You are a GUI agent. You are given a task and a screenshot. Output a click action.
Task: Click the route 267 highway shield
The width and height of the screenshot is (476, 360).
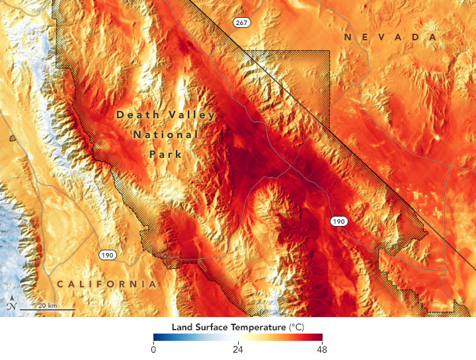pyautogui.click(x=241, y=23)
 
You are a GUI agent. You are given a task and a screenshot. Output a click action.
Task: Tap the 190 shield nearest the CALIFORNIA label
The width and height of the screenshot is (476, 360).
pyautogui.click(x=106, y=254)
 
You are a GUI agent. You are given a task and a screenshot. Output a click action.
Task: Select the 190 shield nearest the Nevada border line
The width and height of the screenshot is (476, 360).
pyautogui.click(x=338, y=222)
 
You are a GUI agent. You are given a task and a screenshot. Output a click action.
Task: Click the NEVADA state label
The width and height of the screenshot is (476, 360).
pyautogui.click(x=391, y=38)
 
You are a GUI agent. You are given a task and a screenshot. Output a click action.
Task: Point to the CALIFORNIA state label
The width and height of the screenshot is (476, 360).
pyautogui.click(x=106, y=284)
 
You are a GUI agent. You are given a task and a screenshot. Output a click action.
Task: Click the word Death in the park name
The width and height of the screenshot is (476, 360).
pyautogui.click(x=137, y=114)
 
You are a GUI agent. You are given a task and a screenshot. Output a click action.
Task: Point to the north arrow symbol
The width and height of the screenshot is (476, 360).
pyautogui.click(x=11, y=305)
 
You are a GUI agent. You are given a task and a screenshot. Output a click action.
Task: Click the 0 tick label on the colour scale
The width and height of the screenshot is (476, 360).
pyautogui.click(x=153, y=350)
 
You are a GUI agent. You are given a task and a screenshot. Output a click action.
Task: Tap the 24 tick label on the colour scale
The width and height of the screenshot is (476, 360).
pyautogui.click(x=238, y=350)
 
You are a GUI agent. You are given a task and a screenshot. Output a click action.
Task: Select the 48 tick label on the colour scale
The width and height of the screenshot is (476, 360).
pyautogui.click(x=322, y=350)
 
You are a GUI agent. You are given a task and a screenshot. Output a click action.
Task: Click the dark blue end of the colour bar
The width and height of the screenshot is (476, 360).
pyautogui.click(x=156, y=338)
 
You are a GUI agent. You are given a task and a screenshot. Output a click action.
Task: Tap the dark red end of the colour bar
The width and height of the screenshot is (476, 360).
pyautogui.click(x=320, y=338)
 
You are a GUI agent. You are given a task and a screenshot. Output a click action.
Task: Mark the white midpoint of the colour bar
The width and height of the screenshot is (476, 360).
pyautogui.click(x=238, y=338)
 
